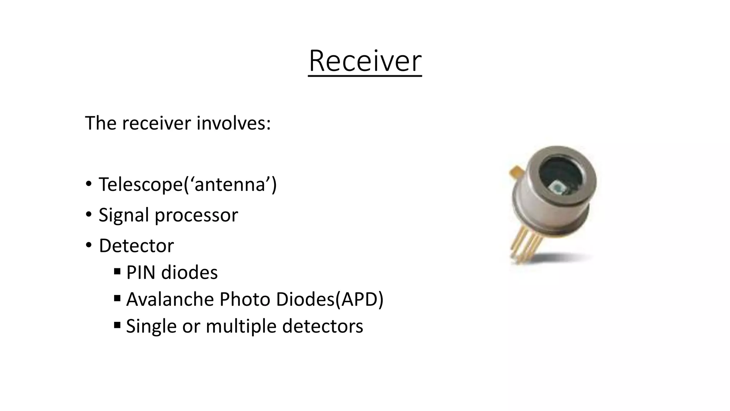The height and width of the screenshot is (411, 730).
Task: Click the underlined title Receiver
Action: click(x=365, y=61)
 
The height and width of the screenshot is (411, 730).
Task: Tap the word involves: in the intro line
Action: click(x=233, y=123)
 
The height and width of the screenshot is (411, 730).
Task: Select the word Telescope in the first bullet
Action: click(x=140, y=185)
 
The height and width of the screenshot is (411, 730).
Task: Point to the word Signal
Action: click(x=123, y=215)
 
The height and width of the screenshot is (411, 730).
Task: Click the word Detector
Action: click(x=136, y=246)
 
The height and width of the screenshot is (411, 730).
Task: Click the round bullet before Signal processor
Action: click(x=88, y=215)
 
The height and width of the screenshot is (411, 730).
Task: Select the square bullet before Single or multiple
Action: click(x=117, y=325)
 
